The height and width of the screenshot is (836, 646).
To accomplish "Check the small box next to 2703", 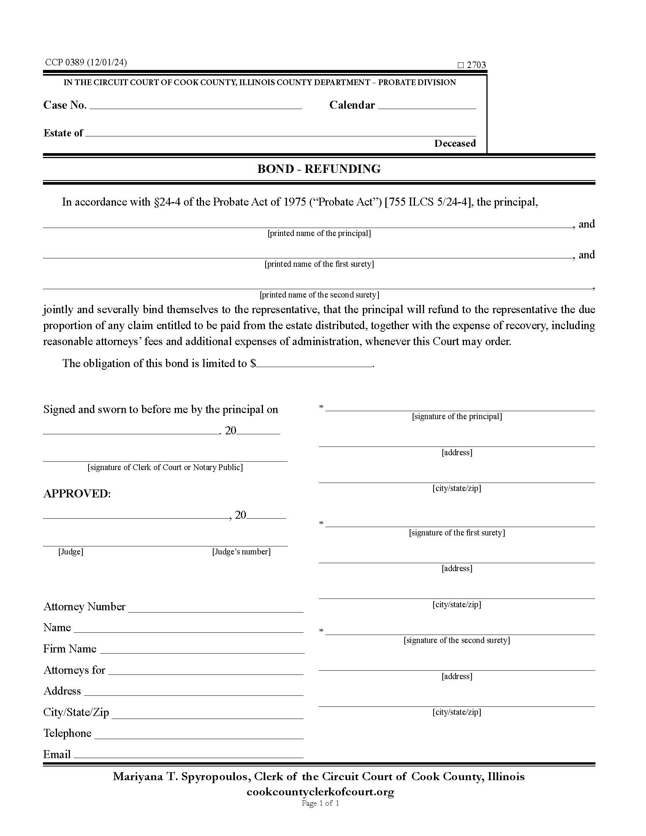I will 461,65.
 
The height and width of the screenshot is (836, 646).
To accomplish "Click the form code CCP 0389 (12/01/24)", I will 86,62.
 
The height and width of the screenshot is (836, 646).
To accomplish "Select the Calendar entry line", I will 427,106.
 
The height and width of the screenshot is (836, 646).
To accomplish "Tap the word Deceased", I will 454,144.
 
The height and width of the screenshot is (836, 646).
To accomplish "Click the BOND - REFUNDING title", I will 319,169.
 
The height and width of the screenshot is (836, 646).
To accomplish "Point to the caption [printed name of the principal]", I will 319,233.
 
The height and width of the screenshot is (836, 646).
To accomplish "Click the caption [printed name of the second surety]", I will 319,295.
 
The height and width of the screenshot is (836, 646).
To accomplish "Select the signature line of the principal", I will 459,408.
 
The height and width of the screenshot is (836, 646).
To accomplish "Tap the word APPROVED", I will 76,494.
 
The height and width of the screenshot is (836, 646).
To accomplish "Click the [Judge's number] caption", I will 241,552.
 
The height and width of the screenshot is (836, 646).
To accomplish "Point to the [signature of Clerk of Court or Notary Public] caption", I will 165,467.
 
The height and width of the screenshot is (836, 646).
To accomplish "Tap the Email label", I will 57,754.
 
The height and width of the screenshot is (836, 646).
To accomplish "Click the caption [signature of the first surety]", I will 456,533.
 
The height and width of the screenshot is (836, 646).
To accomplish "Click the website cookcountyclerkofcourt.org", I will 320,792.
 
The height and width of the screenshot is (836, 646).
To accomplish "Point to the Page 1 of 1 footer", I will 320,803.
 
